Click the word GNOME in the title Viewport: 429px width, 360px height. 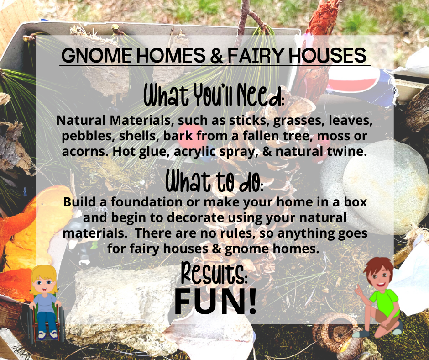97,55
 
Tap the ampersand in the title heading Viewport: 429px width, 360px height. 217,55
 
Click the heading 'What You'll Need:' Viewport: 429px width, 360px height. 214,95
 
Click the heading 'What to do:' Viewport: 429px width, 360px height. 214,181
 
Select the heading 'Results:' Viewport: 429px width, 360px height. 214,272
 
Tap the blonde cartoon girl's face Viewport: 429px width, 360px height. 44,284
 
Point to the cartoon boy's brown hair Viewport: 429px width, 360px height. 378,267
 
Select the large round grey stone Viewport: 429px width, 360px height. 372,187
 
